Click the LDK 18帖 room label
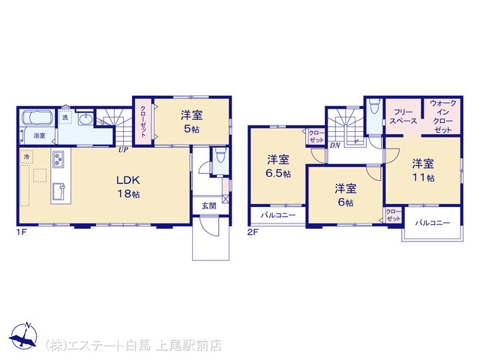(x=128, y=187)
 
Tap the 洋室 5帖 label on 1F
(x=192, y=122)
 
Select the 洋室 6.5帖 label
(x=278, y=166)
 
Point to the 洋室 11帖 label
(x=423, y=170)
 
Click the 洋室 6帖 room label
(x=346, y=195)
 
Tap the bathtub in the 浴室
(x=38, y=118)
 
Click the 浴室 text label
(x=40, y=136)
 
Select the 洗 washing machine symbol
(x=65, y=117)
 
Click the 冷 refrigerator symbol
(x=27, y=157)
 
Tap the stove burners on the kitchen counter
(x=58, y=159)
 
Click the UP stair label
(x=123, y=150)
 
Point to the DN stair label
(x=335, y=145)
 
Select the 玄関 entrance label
(x=209, y=205)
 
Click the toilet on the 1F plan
(x=220, y=155)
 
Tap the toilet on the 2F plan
(x=374, y=106)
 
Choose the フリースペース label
(x=403, y=117)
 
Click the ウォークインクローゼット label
(x=443, y=116)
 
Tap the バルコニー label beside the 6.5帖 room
(x=278, y=215)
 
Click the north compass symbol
(x=23, y=336)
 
